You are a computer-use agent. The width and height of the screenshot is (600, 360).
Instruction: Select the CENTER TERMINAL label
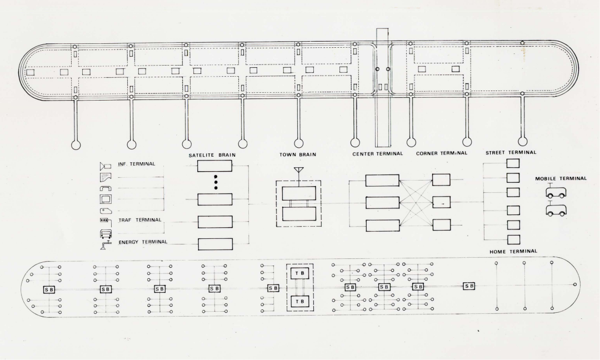click(x=377, y=153)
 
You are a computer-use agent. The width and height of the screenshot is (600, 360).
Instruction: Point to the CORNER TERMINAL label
click(x=441, y=153)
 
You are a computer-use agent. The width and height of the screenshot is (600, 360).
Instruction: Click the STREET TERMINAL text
click(x=511, y=152)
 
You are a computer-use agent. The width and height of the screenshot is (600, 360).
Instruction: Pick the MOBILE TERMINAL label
click(x=560, y=178)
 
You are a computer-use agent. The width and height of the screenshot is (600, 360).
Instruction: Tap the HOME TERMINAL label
click(x=513, y=251)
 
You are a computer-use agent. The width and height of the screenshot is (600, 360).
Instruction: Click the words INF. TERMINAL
click(x=136, y=164)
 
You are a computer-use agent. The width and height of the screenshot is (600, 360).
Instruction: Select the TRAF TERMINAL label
click(x=139, y=220)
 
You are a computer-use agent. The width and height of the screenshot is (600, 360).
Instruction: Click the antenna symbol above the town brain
click(x=298, y=170)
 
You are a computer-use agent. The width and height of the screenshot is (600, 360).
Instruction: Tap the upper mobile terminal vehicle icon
click(x=556, y=193)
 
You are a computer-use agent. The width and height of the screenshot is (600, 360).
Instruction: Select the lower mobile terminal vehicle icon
click(x=556, y=211)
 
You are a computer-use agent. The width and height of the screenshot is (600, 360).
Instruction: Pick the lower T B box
click(x=298, y=301)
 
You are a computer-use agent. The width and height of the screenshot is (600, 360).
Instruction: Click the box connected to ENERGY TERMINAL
click(x=214, y=244)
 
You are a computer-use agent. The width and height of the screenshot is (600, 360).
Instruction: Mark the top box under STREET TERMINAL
click(x=513, y=163)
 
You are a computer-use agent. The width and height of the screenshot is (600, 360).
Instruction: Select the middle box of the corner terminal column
click(x=441, y=202)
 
